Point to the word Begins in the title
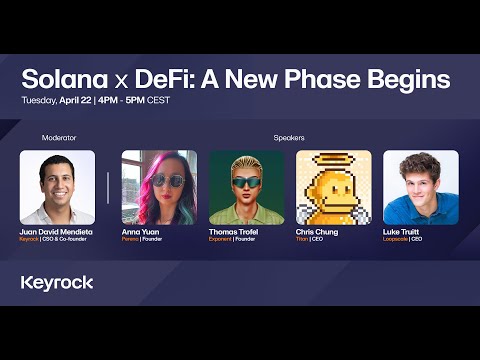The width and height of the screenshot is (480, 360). click(x=398, y=79)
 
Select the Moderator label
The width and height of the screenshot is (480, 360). click(x=59, y=137)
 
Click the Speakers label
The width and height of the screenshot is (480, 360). click(x=290, y=137)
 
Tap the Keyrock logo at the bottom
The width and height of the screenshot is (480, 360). click(x=57, y=282)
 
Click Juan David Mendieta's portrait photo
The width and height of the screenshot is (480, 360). click(x=57, y=187)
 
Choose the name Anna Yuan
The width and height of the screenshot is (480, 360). click(x=141, y=232)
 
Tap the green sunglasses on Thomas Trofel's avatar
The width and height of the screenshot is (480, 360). click(x=246, y=180)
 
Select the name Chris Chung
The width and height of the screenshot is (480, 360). click(x=317, y=232)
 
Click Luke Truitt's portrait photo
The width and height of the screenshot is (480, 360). click(x=421, y=187)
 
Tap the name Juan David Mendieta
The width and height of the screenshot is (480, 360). click(x=59, y=232)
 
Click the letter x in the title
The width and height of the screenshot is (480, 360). click(x=136, y=81)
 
